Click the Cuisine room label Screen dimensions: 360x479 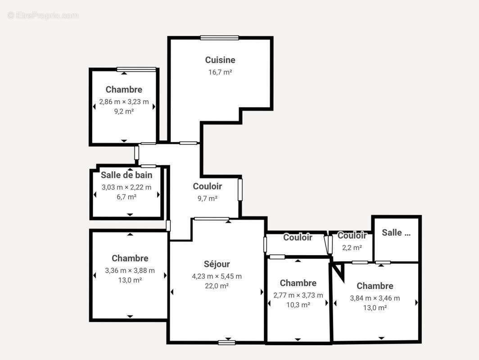coord(220,60)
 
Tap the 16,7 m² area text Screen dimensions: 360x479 coord(220,72)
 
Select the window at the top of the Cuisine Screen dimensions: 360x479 coord(219,38)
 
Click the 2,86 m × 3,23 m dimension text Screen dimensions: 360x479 coord(124,102)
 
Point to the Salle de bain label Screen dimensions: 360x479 coord(127,175)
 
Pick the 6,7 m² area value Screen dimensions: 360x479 coord(126,197)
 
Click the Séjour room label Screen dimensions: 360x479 coord(217,264)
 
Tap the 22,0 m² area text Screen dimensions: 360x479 coord(217,286)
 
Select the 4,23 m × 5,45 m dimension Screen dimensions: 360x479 coord(217,276)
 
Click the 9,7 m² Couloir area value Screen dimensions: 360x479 coord(207,198)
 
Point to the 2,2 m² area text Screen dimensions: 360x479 coord(352,247)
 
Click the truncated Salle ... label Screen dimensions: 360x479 coord(396,233)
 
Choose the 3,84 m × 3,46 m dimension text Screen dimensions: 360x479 coord(375,298)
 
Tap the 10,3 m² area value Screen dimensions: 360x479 coord(298,305)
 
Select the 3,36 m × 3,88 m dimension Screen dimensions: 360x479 coord(130,270)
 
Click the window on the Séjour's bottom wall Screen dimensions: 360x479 coord(227,342)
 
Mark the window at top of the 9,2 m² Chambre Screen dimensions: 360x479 coord(136,69)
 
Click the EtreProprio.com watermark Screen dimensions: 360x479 coord(43,15)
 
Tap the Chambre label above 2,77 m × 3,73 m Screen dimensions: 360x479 coord(298,283)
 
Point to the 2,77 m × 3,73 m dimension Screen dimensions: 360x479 coord(298,295)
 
